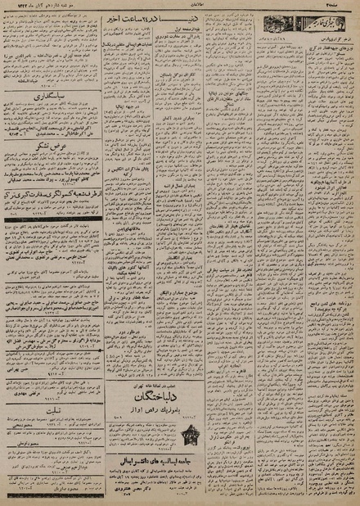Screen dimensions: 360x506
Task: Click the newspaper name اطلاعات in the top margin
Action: click(x=182, y=6)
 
